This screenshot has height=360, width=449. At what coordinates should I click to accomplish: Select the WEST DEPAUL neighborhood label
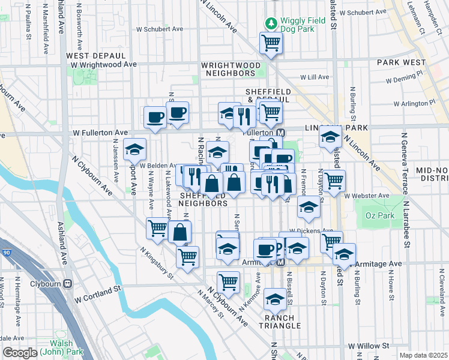pyautogui.click(x=87, y=55)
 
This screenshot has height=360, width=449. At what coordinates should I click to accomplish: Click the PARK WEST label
pyautogui.click(x=401, y=62)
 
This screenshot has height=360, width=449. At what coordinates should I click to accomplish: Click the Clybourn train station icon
pyautogui.click(x=68, y=283)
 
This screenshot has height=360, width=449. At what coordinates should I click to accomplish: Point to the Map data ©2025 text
pyautogui.click(x=423, y=355)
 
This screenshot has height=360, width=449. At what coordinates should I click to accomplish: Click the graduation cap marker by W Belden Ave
pyautogui.click(x=134, y=149)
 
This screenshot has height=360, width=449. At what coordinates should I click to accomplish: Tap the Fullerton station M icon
pyautogui.click(x=280, y=132)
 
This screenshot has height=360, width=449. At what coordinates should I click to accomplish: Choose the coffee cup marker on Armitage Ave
pyautogui.click(x=264, y=250)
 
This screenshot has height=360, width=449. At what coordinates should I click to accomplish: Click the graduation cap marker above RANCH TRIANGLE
pyautogui.click(x=275, y=299)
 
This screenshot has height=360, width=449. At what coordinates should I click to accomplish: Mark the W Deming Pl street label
pyautogui.click(x=404, y=79)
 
